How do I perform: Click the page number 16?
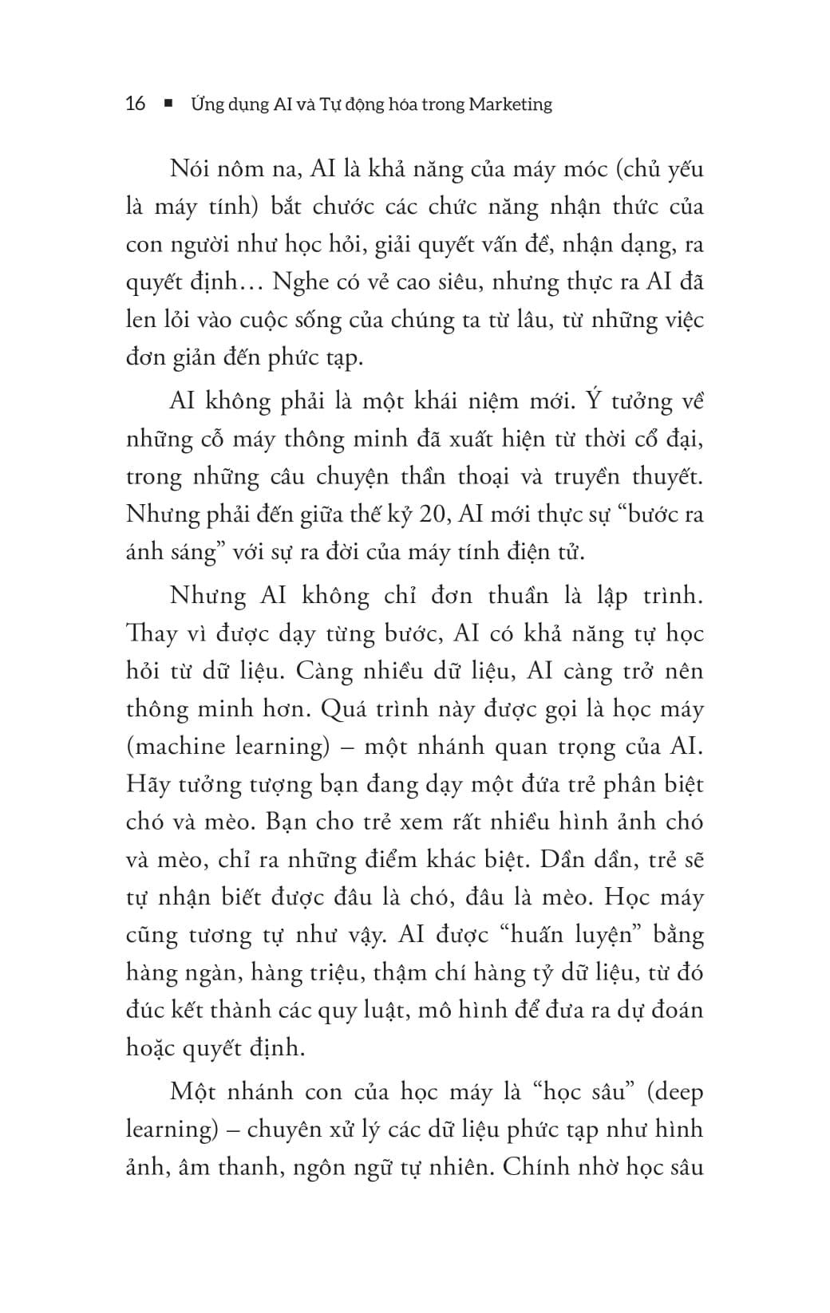pos(136,104)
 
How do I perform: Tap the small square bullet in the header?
pos(168,104)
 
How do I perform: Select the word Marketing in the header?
pos(510,104)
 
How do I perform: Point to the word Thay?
pos(152,633)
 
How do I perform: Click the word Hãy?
pos(148,784)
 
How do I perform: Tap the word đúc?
pos(144,1010)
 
